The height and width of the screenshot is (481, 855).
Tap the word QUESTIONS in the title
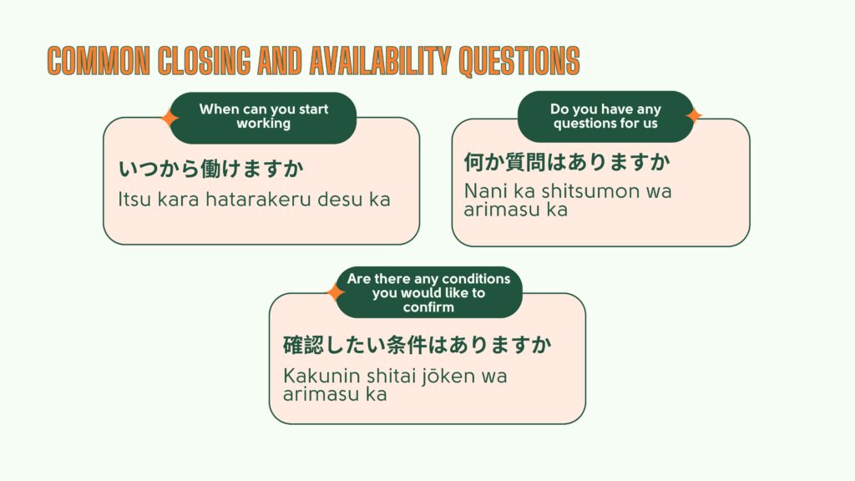tap(516, 61)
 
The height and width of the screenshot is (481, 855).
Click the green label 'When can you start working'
tap(263, 117)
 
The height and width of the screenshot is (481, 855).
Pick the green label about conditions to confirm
tap(428, 292)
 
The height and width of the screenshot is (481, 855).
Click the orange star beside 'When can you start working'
tap(169, 118)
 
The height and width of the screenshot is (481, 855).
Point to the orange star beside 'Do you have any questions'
tap(693, 115)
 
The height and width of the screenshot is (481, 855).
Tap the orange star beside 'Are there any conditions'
tap(336, 293)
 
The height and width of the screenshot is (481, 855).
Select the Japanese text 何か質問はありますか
tap(567, 161)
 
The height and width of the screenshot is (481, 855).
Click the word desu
tap(336, 200)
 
